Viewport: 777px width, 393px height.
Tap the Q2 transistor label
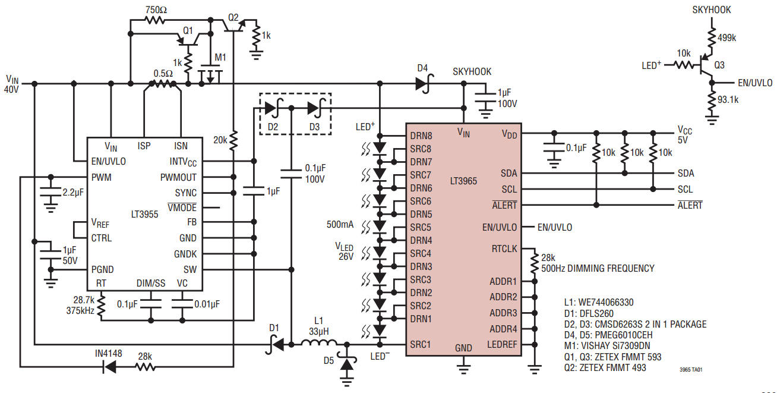(x=233, y=17)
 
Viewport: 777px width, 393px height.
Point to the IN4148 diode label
(x=109, y=353)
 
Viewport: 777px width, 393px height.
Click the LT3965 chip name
(x=463, y=180)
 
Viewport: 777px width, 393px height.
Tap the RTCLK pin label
(x=504, y=249)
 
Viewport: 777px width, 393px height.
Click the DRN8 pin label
(x=421, y=136)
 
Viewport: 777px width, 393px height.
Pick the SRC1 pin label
(x=421, y=345)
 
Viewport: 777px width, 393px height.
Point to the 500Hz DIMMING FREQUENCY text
(x=598, y=268)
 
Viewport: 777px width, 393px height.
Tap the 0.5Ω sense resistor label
(x=163, y=73)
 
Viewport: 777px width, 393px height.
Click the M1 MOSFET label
(x=220, y=57)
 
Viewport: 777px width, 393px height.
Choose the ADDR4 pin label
(x=503, y=329)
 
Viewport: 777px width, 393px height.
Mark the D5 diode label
(x=329, y=360)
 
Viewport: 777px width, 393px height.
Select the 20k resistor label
(x=221, y=140)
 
